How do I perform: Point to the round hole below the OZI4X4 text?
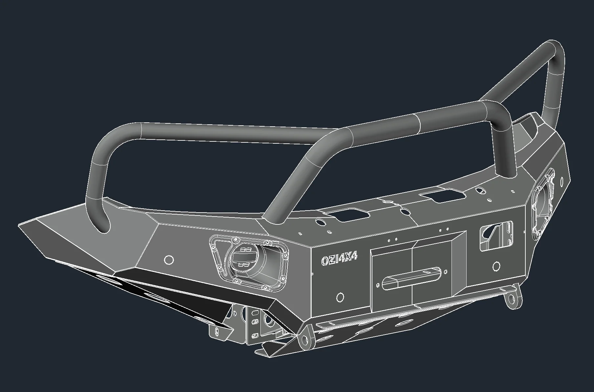[341, 297]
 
